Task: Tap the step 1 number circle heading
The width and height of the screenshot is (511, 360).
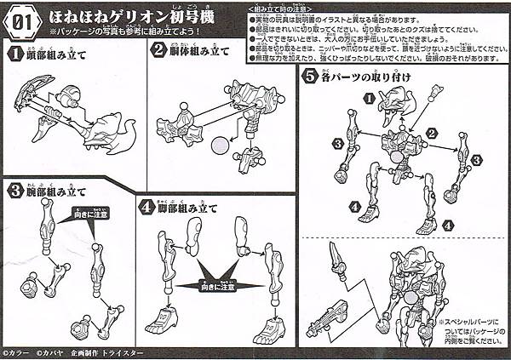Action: tap(14, 54)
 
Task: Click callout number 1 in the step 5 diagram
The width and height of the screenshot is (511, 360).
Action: tap(368, 99)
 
